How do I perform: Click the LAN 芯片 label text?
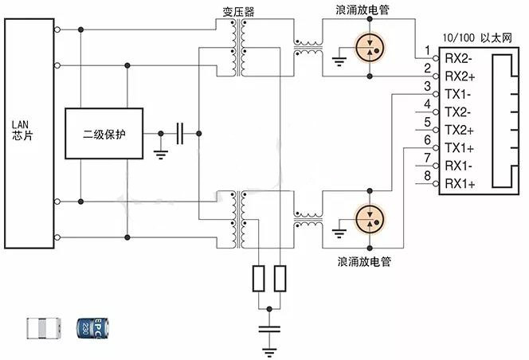click(x=20, y=130)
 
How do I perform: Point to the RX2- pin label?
click(x=460, y=57)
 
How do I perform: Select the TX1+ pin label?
click(x=460, y=147)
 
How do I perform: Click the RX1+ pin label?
click(x=460, y=184)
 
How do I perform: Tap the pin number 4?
click(x=428, y=104)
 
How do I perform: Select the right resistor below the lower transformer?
click(x=280, y=279)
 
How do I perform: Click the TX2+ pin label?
click(x=460, y=129)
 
